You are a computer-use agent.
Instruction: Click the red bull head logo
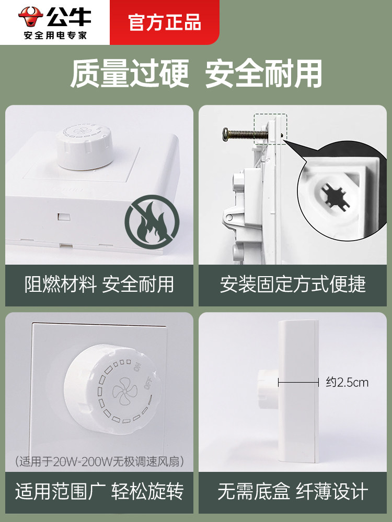click(30, 17)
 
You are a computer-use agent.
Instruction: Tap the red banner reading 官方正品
click(164, 22)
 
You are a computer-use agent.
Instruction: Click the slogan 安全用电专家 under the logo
click(55, 35)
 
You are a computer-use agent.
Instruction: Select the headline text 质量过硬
click(130, 74)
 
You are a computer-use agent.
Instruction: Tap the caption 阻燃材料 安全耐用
click(99, 284)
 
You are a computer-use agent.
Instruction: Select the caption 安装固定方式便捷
click(293, 284)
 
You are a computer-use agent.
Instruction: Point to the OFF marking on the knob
click(148, 384)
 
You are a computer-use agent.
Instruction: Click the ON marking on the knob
click(137, 367)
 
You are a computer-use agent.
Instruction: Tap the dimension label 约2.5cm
click(347, 382)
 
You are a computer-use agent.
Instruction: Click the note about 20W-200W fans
click(99, 461)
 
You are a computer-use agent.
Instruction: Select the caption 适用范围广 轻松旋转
click(99, 491)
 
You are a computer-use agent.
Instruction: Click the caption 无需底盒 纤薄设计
click(293, 491)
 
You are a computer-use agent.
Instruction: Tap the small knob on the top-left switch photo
click(84, 147)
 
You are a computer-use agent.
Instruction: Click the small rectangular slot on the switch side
click(64, 217)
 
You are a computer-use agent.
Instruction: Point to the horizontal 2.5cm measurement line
click(298, 383)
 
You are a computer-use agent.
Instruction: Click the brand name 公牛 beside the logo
click(69, 17)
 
